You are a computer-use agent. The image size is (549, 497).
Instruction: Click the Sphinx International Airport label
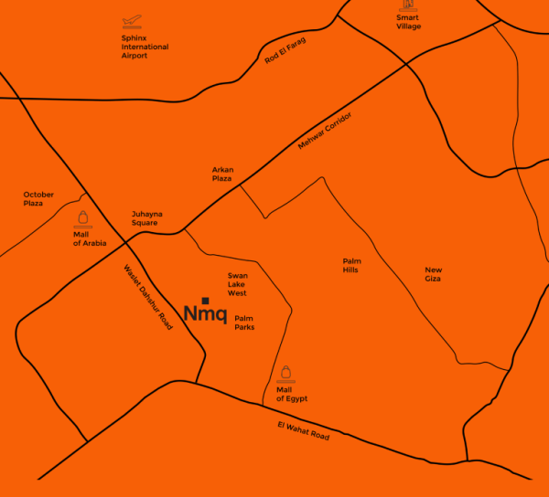(145, 47)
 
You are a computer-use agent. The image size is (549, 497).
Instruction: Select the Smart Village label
(408, 22)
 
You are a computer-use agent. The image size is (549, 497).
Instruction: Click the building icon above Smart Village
(408, 5)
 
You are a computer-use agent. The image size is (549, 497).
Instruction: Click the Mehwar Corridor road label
(325, 132)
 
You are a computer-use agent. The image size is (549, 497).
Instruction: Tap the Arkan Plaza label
(222, 174)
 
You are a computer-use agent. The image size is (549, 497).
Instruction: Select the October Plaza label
(39, 198)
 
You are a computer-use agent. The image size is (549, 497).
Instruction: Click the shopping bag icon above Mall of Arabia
(83, 219)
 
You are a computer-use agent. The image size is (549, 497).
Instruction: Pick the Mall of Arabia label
(90, 238)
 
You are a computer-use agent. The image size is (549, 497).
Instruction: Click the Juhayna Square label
(146, 217)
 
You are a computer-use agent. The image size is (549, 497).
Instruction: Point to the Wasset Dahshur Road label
(147, 297)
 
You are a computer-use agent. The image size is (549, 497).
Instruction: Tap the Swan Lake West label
(237, 284)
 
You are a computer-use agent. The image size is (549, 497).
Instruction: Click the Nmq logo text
(205, 314)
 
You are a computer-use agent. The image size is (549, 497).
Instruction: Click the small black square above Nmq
(206, 300)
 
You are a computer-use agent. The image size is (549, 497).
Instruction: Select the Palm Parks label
(244, 323)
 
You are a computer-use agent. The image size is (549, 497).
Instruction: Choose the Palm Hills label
(351, 265)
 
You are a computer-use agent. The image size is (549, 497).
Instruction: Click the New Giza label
(433, 274)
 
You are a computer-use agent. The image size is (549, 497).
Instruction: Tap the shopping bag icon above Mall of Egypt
(286, 373)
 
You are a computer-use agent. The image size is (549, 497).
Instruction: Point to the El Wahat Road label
(303, 430)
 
